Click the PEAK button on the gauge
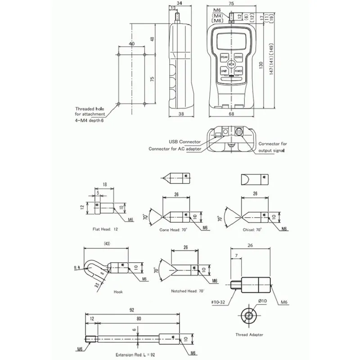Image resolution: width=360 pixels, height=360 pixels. [225, 58]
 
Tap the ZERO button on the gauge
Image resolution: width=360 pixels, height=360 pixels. [238, 58]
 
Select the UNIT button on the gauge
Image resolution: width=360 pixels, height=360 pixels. [224, 71]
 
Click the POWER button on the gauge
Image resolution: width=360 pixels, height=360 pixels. [238, 71]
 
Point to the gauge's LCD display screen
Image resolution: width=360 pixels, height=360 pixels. [231, 42]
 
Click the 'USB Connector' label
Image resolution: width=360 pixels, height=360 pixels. [185, 141]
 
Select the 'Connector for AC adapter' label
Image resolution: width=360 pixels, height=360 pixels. [175, 149]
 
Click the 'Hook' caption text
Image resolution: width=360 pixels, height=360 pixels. [118, 292]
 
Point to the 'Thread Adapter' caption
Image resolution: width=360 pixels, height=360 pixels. [249, 334]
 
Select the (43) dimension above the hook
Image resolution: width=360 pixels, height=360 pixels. [107, 243]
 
